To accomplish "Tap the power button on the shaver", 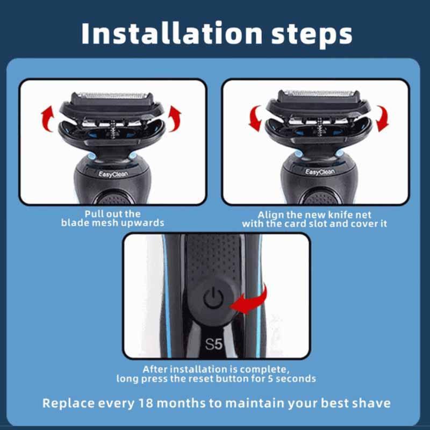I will coord(214,297).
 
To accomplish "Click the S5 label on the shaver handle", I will coord(214,344).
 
